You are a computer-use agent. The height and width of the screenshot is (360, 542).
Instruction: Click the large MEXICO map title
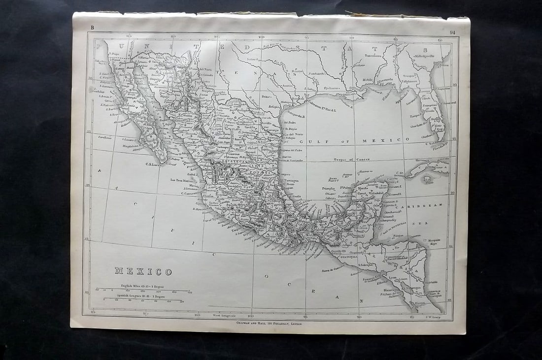point(143,271)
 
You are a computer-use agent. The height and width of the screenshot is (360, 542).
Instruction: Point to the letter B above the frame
point(92,28)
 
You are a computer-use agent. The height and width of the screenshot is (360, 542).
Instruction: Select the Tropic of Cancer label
point(350,160)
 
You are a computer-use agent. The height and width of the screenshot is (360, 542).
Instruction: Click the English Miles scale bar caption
point(142,286)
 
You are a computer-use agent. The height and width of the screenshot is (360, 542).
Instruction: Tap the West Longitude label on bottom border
point(224,315)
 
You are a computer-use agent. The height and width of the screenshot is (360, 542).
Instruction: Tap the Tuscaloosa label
point(373,56)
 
